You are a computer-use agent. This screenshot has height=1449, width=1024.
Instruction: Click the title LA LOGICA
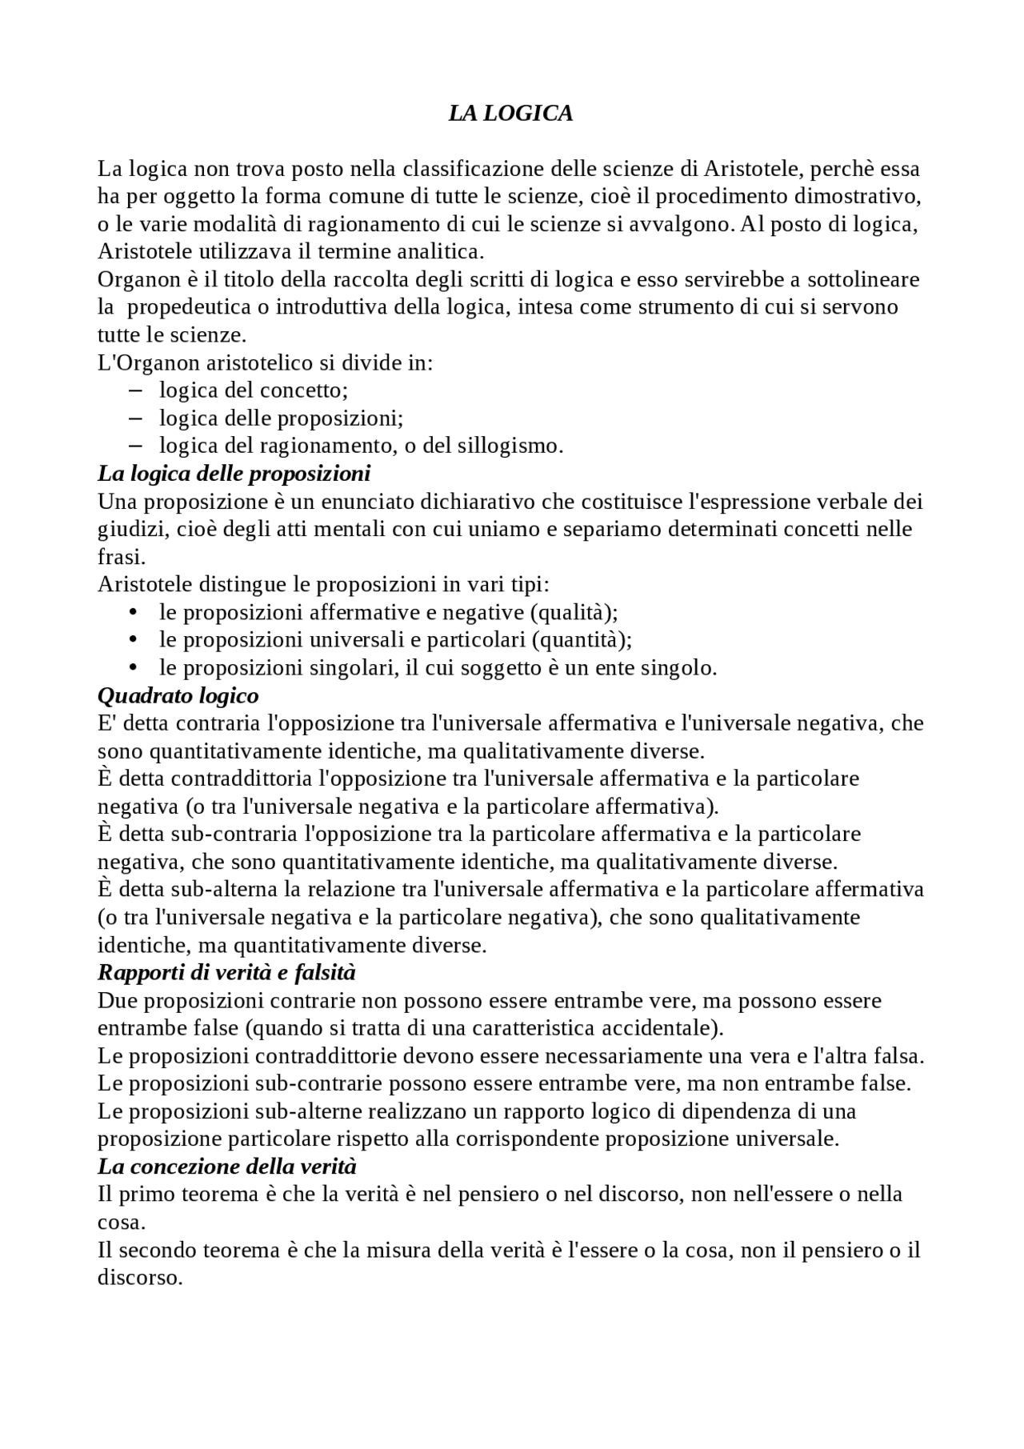[510, 114]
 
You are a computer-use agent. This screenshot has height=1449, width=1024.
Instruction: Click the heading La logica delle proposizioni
[234, 474]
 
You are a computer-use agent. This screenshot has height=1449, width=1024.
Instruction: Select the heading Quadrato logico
[178, 695]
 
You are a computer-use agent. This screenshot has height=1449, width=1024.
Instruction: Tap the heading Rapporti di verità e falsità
[226, 973]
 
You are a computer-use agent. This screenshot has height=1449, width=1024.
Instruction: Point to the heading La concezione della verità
[226, 1167]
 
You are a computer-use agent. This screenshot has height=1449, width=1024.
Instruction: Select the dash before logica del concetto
[134, 390]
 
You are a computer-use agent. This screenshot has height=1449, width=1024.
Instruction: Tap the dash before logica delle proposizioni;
[134, 418]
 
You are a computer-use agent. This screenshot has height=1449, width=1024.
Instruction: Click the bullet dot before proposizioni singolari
[133, 667]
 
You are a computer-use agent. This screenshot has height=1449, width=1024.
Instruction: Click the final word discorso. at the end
[140, 1278]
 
